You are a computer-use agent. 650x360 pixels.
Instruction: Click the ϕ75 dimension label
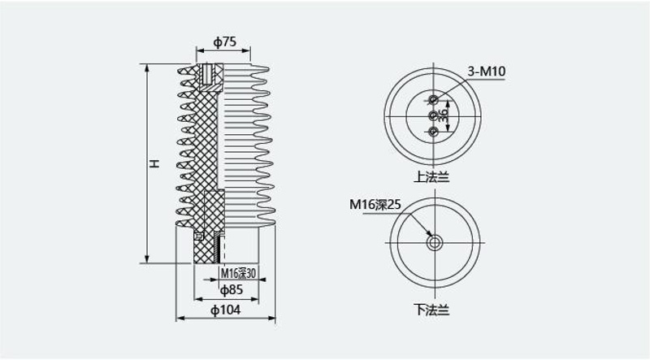tap(225, 42)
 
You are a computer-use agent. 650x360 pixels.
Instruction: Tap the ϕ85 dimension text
tap(232, 290)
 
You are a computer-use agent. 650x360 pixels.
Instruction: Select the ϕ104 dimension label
tap(226, 310)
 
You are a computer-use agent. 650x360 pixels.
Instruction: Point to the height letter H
tap(154, 163)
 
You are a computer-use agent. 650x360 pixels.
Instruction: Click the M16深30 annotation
tap(238, 273)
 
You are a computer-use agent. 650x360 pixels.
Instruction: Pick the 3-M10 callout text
tap(487, 72)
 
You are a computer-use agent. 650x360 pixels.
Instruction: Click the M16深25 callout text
tap(375, 205)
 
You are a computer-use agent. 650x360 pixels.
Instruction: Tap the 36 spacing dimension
tap(443, 115)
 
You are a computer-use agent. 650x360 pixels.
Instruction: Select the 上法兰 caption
tap(431, 177)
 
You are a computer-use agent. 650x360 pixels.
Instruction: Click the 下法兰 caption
tap(431, 310)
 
